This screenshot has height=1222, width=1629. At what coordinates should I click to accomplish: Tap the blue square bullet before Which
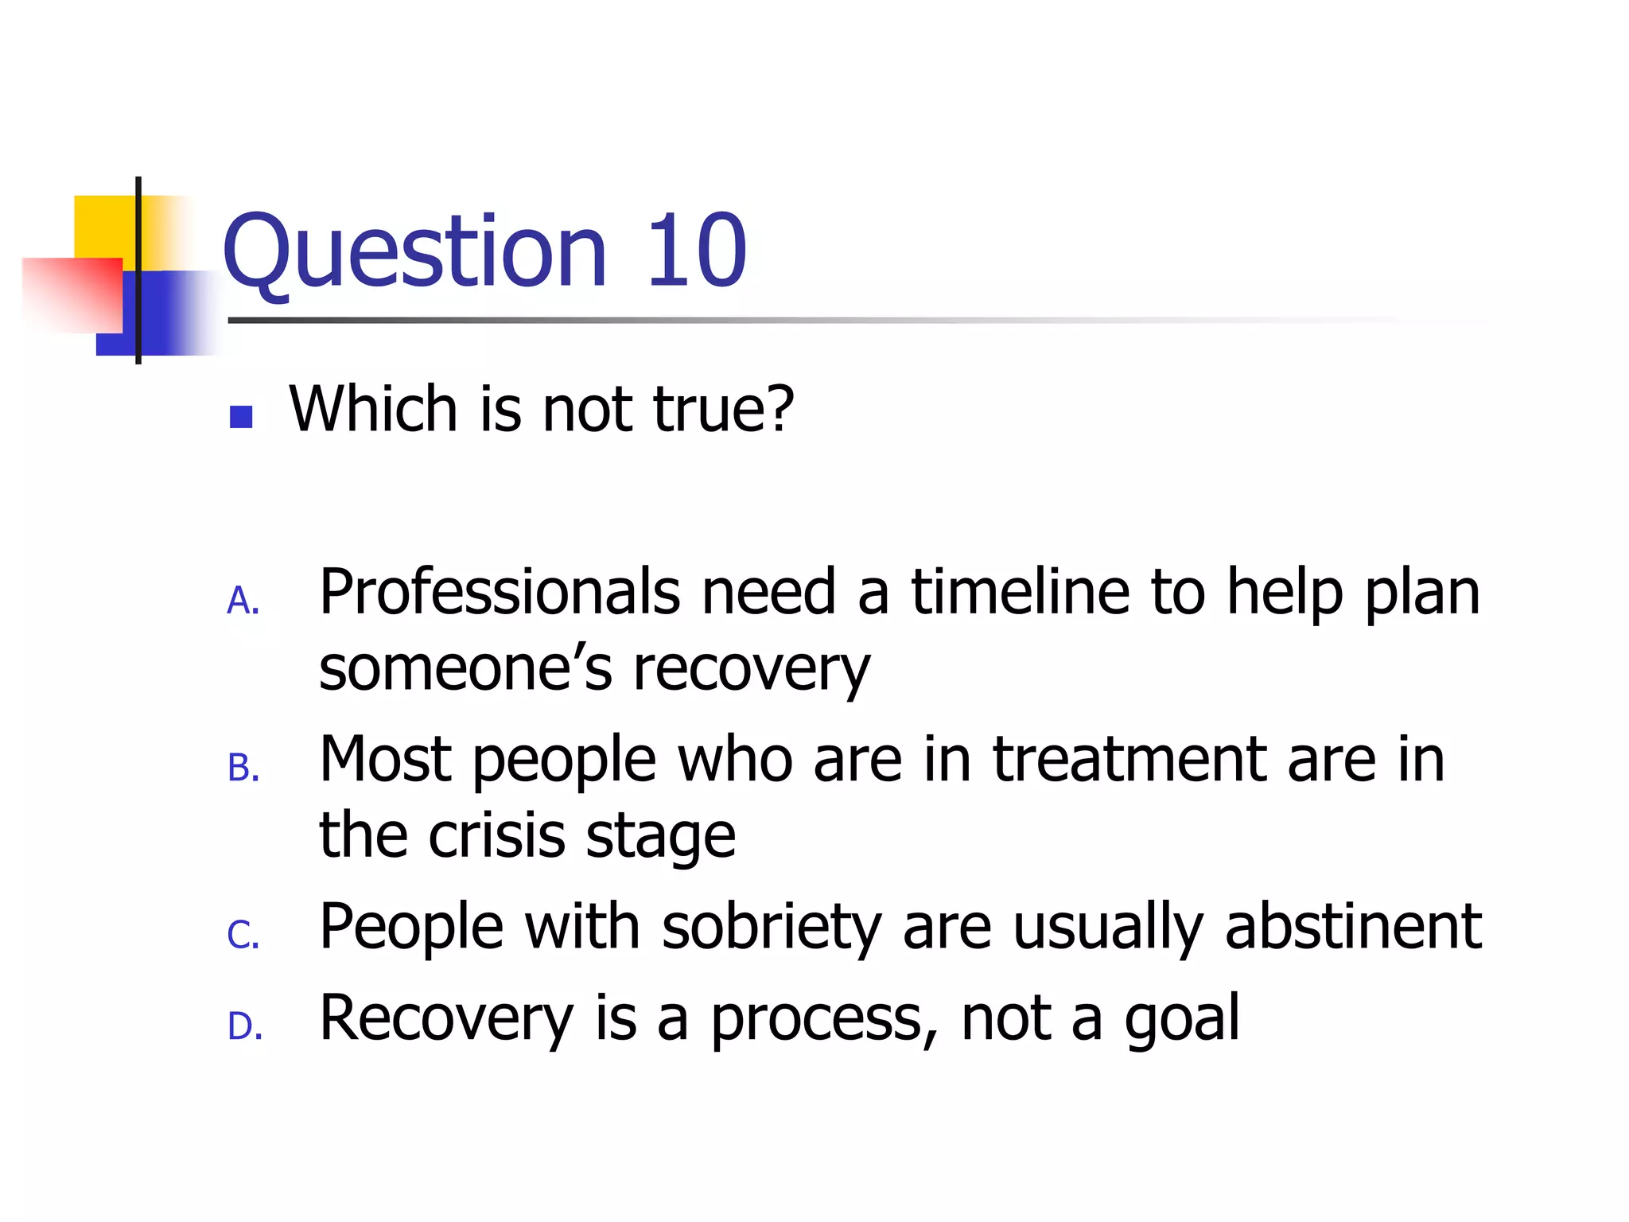(240, 417)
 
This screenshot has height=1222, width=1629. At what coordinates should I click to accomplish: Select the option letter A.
(243, 601)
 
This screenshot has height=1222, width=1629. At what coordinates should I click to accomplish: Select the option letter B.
(243, 769)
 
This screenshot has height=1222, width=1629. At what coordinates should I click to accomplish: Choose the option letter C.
(243, 936)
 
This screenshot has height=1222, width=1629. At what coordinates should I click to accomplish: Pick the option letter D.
(244, 1026)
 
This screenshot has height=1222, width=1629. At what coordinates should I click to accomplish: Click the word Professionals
(500, 593)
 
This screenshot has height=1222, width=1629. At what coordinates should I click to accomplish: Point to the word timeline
(1020, 593)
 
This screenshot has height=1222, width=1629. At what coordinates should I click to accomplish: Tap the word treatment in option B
(1129, 760)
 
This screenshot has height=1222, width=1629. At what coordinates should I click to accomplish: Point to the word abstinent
(1352, 927)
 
